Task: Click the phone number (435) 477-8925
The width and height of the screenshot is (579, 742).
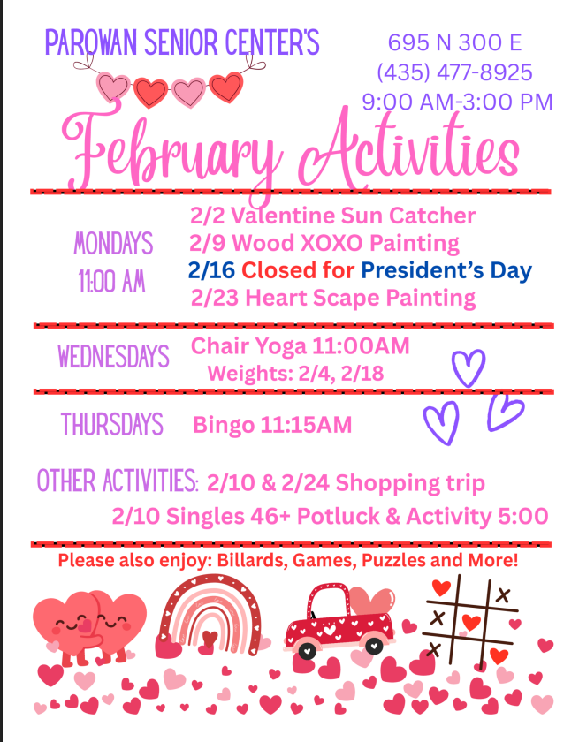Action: [x=454, y=72]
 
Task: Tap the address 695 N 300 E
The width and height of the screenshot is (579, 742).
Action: [x=454, y=42]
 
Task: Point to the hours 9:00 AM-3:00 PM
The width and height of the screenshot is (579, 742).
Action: [x=457, y=102]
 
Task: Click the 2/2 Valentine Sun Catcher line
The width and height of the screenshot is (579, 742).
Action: [x=332, y=216]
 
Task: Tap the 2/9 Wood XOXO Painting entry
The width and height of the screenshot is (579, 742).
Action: [x=324, y=243]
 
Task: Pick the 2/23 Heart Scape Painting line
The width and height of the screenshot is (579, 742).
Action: [x=333, y=298]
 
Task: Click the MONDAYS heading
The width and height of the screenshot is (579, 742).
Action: [x=113, y=243]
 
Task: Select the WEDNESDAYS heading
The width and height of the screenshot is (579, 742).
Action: [x=113, y=357]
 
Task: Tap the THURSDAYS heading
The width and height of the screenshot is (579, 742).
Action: [x=112, y=425]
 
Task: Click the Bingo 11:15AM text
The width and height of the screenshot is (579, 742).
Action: [x=272, y=426]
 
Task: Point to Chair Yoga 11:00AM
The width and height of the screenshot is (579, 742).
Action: [x=301, y=345]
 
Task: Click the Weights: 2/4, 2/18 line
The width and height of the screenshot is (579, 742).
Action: [x=295, y=374]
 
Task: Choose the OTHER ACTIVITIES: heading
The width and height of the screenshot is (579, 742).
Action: [x=117, y=482]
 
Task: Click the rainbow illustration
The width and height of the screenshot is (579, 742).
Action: [x=210, y=614]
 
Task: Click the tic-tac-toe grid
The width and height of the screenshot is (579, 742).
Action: [x=470, y=618]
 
